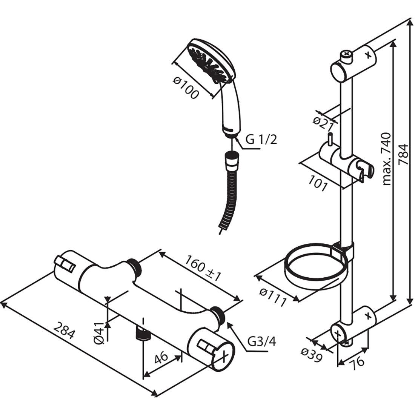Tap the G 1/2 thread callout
(261, 140)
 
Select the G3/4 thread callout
(262, 342)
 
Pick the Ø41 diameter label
(98, 333)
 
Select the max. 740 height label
(387, 159)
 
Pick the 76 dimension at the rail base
(356, 361)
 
